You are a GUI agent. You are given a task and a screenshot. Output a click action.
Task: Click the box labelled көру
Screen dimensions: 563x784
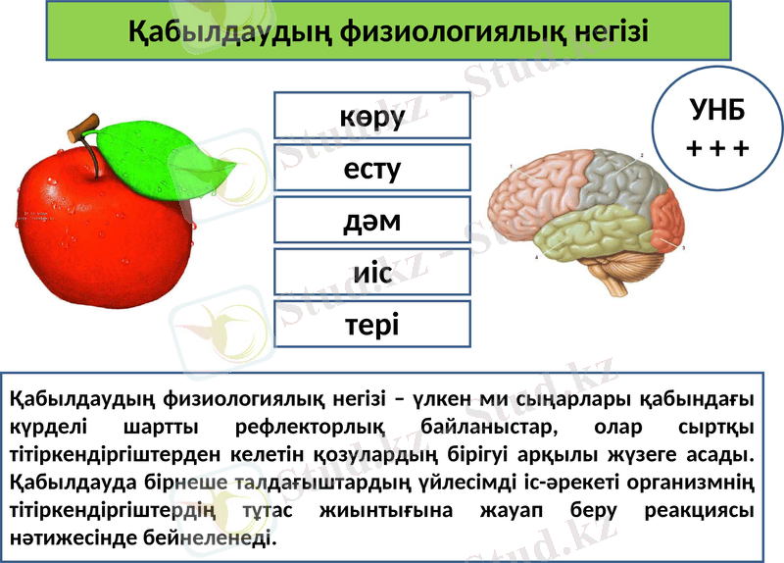point(371,116)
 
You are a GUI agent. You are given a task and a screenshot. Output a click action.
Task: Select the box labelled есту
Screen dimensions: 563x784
point(371,168)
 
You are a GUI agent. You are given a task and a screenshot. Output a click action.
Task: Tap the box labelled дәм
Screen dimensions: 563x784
point(371,221)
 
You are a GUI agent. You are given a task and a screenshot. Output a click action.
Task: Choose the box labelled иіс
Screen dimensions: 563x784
point(371,273)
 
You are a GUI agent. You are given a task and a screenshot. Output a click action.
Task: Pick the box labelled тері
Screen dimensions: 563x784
point(371,325)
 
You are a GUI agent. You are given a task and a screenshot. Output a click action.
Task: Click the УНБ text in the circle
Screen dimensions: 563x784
point(717,109)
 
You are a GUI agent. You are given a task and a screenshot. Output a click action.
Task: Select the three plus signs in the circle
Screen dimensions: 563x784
point(717,148)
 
